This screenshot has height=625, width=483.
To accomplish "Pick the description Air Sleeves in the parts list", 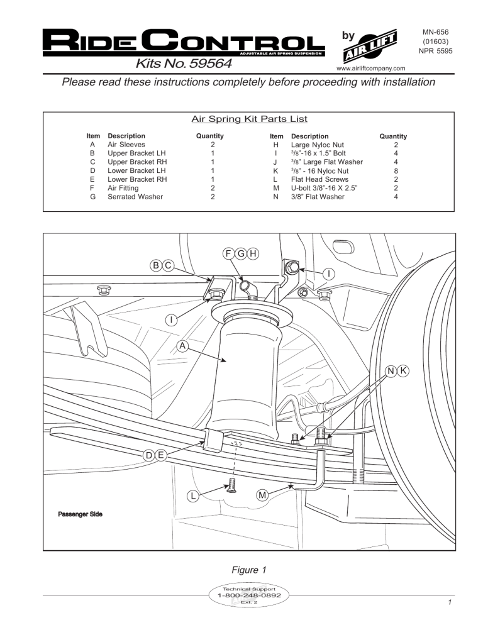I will point(125,144).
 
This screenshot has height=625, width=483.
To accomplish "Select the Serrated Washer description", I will point(134,197).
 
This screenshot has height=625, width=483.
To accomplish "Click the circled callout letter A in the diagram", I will point(181,345).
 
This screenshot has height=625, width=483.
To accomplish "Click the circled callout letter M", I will point(264,495).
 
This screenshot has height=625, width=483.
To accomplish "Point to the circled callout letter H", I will point(252,253).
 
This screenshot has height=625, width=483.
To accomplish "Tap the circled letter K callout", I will point(403,371).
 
